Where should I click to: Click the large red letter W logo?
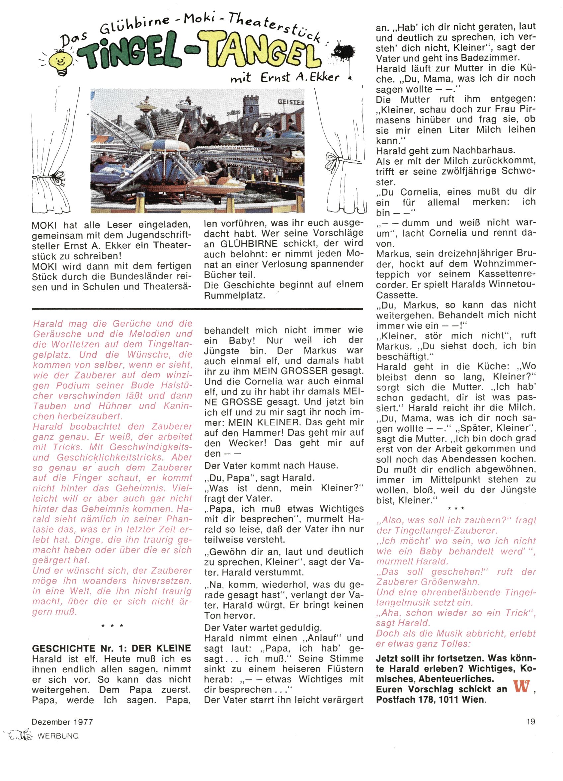click(521, 688)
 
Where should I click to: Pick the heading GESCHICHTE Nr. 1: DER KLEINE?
click(111, 649)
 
